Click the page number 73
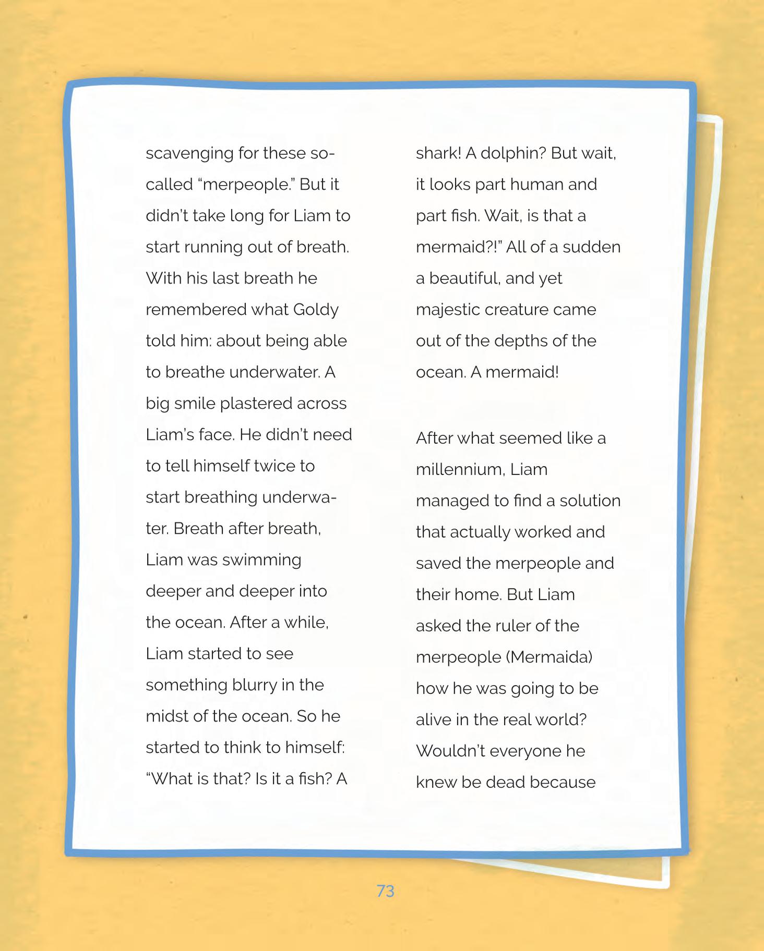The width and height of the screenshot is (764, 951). (x=385, y=891)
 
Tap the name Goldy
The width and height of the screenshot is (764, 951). (x=316, y=310)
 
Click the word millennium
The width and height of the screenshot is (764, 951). (x=460, y=470)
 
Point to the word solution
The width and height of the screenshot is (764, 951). (x=590, y=501)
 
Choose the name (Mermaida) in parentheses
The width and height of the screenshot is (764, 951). (x=548, y=657)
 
